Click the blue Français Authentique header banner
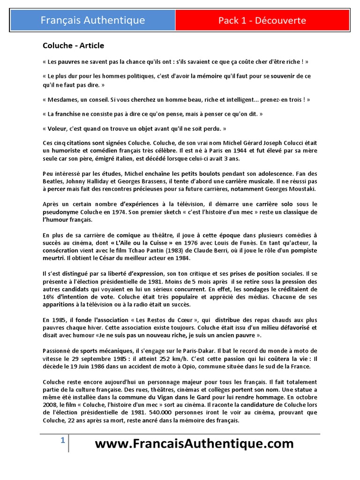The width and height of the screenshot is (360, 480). pos(93,20)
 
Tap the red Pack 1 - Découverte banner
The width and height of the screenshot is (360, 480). pos(262,20)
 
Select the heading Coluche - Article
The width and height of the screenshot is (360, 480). pos(73,45)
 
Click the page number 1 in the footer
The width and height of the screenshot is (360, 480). pos(62,441)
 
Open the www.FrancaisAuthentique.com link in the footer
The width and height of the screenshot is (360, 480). pos(194,444)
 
